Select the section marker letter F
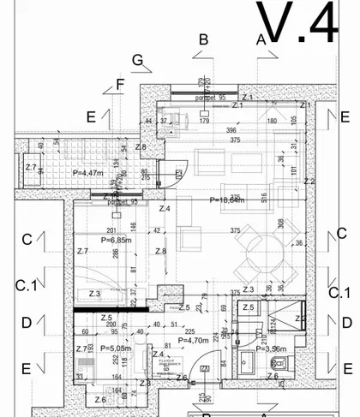(120, 83)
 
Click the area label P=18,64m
(227, 200)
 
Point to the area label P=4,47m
(88, 173)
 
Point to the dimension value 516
(265, 196)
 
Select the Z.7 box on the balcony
(31, 166)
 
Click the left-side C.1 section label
(27, 285)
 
